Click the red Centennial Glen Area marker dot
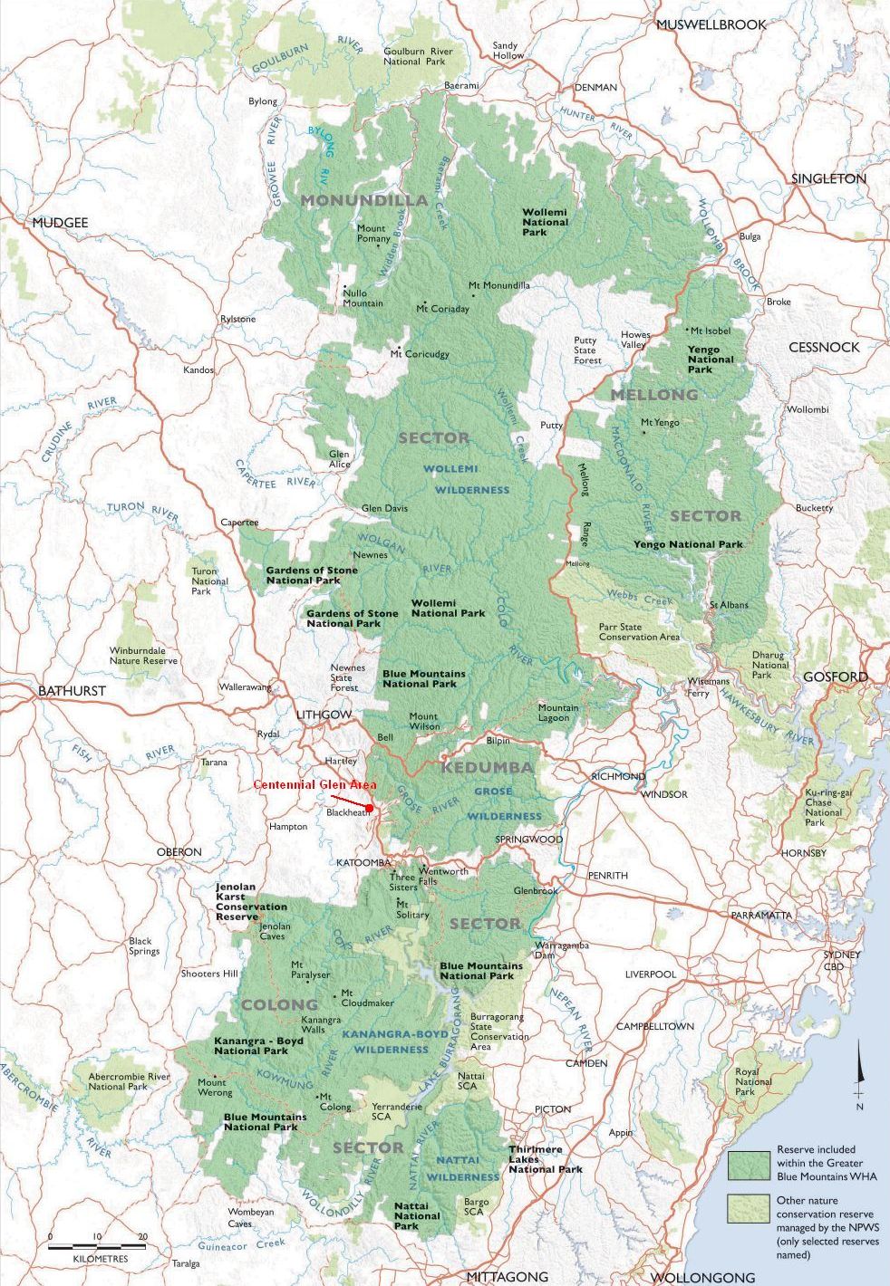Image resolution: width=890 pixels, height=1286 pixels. tap(370, 808)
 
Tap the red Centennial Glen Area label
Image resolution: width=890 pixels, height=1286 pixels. tap(314, 784)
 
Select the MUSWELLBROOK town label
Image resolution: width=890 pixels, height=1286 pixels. tap(711, 24)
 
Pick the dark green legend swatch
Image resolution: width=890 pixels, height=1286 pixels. tap(749, 1163)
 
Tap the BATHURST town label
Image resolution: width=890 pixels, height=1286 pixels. tap(72, 690)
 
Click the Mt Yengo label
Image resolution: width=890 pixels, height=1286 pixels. tap(660, 423)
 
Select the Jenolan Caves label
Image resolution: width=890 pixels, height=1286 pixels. tap(275, 931)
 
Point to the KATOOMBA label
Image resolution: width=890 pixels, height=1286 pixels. tap(363, 862)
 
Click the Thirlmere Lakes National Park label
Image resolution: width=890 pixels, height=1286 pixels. tap(545, 1159)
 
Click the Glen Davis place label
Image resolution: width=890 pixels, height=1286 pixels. tap(384, 508)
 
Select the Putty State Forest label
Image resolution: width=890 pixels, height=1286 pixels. tap(586, 350)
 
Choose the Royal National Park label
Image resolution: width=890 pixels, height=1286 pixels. tap(753, 1081)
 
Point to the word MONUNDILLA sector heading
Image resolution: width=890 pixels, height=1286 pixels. tap(363, 200)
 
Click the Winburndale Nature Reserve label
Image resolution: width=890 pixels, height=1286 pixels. tap(143, 656)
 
